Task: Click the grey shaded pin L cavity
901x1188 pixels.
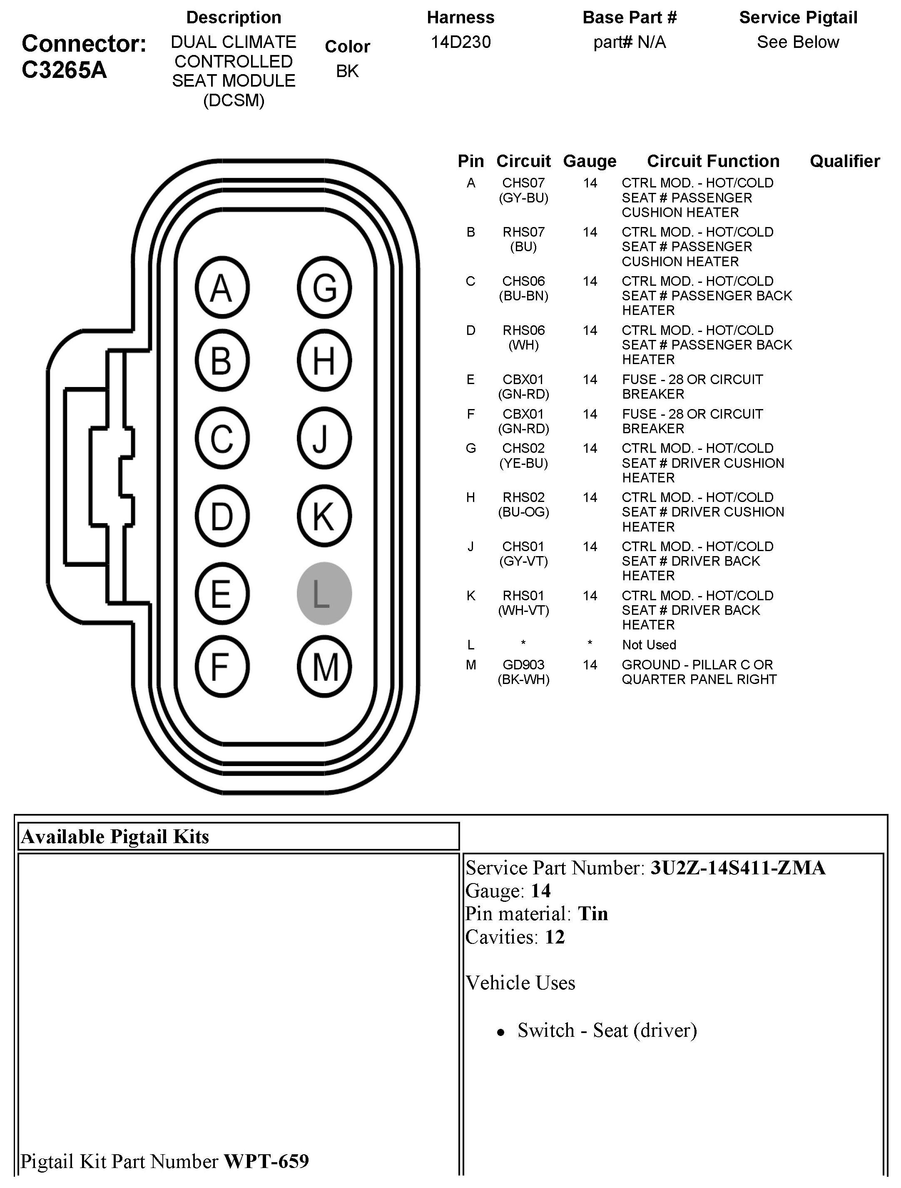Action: tap(324, 594)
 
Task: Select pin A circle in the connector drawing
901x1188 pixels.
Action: tap(222, 288)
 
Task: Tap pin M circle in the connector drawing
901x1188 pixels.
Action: tap(324, 667)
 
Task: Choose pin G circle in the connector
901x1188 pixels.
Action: tap(324, 288)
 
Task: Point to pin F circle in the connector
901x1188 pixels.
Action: tap(222, 667)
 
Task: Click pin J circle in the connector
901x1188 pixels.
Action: tap(324, 438)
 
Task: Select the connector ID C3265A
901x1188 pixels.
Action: tap(65, 70)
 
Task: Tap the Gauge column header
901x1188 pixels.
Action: tap(590, 161)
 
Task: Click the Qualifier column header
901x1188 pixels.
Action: tap(845, 161)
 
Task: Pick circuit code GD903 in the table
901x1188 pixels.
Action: tap(523, 665)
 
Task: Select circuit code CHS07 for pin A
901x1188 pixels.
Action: tap(523, 183)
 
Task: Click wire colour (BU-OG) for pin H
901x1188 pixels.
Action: tap(523, 512)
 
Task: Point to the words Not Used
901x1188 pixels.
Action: tap(649, 644)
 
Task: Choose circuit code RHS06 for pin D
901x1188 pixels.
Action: tap(523, 330)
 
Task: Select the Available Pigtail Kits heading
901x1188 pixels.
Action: tap(115, 836)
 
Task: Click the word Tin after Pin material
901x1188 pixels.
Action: tap(593, 913)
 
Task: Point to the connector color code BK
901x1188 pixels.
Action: tap(347, 71)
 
